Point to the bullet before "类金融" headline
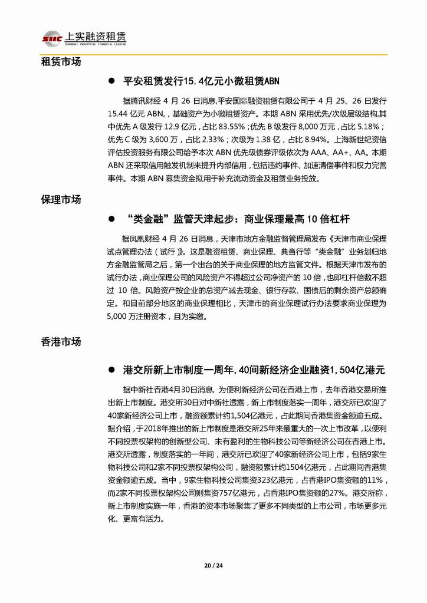pyautogui.click(x=110, y=219)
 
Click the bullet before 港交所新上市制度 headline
pyautogui.click(x=110, y=370)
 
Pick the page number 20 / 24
pyautogui.click(x=213, y=565)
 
